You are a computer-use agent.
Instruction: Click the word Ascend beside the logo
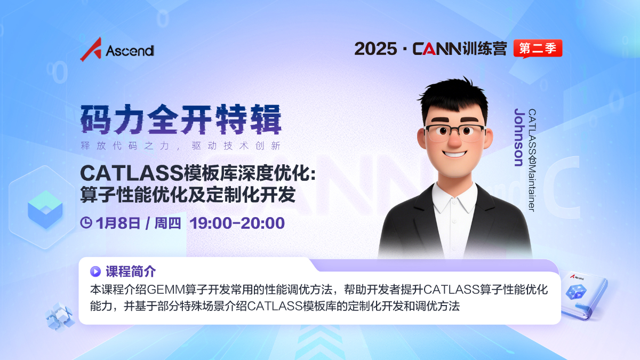coord(130,51)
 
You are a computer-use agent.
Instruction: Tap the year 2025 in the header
coord(375,49)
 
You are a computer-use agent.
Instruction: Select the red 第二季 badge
coord(538,49)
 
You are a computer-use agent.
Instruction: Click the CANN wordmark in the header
coord(437,49)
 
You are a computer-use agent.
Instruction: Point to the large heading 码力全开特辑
coord(181,119)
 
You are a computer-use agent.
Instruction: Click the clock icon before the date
coord(86,223)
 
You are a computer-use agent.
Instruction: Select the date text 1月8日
coord(118,223)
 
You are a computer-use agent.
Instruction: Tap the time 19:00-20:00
coord(237,223)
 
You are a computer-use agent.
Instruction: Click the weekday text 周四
coord(167,223)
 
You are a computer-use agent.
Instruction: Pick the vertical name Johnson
coord(519,138)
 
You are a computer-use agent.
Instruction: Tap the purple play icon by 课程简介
coord(95,271)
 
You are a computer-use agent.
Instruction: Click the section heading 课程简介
coord(131,271)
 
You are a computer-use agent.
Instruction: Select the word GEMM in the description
coord(166,290)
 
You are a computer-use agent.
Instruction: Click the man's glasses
coord(455,133)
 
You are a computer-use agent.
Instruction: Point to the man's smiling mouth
coord(455,154)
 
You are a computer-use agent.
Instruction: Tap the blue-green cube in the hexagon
coord(45,210)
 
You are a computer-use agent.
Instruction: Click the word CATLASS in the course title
coord(132,173)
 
